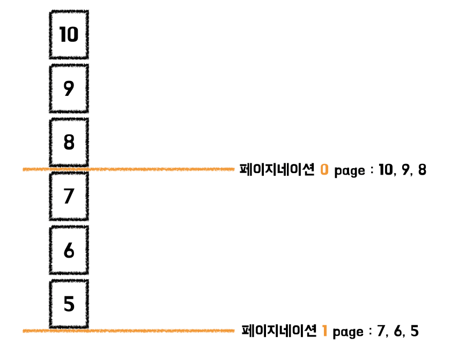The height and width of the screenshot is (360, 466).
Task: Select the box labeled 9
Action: (69, 89)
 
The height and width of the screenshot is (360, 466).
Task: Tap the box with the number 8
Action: (69, 142)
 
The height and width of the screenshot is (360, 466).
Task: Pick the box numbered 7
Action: (69, 196)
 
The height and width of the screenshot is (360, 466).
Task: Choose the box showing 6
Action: (69, 250)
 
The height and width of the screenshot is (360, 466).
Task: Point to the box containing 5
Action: (69, 304)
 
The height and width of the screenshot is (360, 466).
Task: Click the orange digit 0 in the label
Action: (324, 170)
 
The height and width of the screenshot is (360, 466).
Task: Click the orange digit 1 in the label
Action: (325, 332)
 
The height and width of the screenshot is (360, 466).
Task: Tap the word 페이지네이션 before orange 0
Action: (277, 170)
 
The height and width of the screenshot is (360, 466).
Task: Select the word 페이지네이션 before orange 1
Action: (279, 331)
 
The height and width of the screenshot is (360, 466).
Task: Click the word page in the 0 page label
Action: (349, 172)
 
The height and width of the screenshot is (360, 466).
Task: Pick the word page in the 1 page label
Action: (348, 333)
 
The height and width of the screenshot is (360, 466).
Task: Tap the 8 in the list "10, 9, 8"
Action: (422, 170)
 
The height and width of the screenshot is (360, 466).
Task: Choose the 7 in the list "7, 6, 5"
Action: (381, 332)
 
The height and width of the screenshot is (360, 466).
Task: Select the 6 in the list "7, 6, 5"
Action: (398, 332)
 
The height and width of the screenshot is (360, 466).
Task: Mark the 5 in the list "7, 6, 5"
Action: (414, 332)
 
